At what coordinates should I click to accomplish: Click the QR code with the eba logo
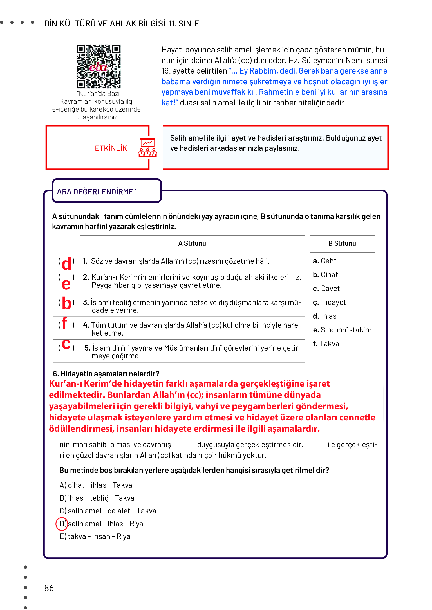point(99,66)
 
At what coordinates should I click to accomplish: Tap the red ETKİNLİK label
point(111,148)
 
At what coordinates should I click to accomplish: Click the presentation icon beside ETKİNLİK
point(147,148)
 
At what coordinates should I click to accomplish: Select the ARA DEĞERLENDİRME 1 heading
point(97,192)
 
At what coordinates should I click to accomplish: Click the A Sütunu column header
point(192,243)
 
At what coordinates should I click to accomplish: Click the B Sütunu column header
point(342,243)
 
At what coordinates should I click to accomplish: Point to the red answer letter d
point(67,264)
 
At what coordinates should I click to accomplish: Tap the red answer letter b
point(67,303)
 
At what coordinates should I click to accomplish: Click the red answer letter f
point(65,323)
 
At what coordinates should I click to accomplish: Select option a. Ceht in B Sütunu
point(324,261)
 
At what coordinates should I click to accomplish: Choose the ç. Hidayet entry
point(329,302)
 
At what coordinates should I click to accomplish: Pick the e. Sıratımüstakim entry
point(342,330)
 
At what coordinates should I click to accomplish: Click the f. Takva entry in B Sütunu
point(326,344)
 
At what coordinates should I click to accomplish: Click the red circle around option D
point(62,524)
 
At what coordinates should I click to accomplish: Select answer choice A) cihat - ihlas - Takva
point(96,485)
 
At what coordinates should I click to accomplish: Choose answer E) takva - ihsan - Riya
point(95,536)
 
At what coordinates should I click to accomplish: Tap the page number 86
point(49,588)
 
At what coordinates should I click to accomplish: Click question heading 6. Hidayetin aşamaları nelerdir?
point(106,374)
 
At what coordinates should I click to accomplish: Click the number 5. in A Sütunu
point(87,348)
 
